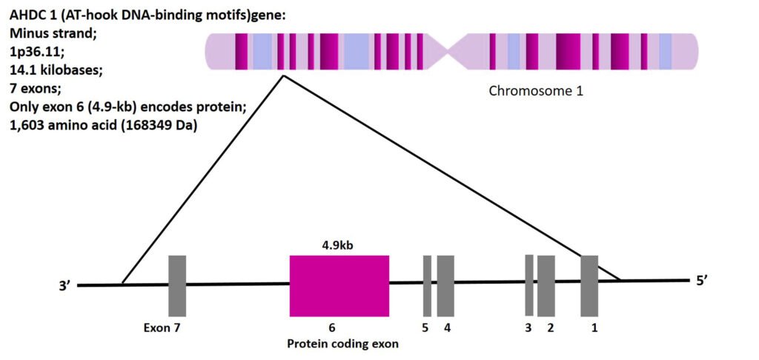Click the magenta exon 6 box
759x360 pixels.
pos(339,285)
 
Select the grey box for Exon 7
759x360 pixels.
pos(177,285)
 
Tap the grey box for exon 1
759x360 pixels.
pos(589,285)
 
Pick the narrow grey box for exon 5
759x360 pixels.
pos(427,285)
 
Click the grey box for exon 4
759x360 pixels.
pos(445,285)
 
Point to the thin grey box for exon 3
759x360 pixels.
pos(529,284)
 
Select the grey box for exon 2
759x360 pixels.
pos(546,285)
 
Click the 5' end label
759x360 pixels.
pos(703,281)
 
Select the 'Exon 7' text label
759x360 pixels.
pos(162,327)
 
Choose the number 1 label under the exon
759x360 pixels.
pos(594,327)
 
